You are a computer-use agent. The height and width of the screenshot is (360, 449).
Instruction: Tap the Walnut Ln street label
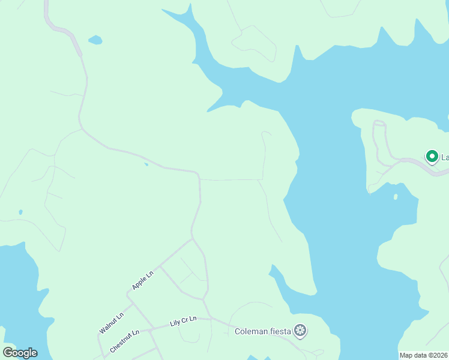click(x=112, y=322)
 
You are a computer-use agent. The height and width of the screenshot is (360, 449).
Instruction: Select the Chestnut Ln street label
click(x=124, y=340)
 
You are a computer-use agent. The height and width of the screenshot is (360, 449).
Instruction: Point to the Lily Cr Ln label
click(x=183, y=322)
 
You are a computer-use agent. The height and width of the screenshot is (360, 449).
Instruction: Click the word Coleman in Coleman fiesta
click(x=250, y=331)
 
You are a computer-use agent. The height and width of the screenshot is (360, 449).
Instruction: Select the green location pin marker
click(x=431, y=156)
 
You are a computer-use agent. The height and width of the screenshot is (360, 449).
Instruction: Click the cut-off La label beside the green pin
click(x=445, y=157)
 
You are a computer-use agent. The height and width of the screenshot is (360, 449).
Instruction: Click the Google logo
click(x=20, y=352)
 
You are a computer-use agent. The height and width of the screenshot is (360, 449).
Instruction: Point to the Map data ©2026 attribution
click(x=424, y=355)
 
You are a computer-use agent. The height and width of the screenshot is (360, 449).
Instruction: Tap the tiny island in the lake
click(x=395, y=196)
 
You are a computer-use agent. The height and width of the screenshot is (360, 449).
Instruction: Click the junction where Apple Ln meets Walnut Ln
click(x=128, y=293)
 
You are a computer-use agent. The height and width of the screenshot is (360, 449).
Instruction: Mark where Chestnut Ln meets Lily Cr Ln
click(x=149, y=329)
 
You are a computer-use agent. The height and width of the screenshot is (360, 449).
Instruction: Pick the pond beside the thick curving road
click(x=95, y=40)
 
